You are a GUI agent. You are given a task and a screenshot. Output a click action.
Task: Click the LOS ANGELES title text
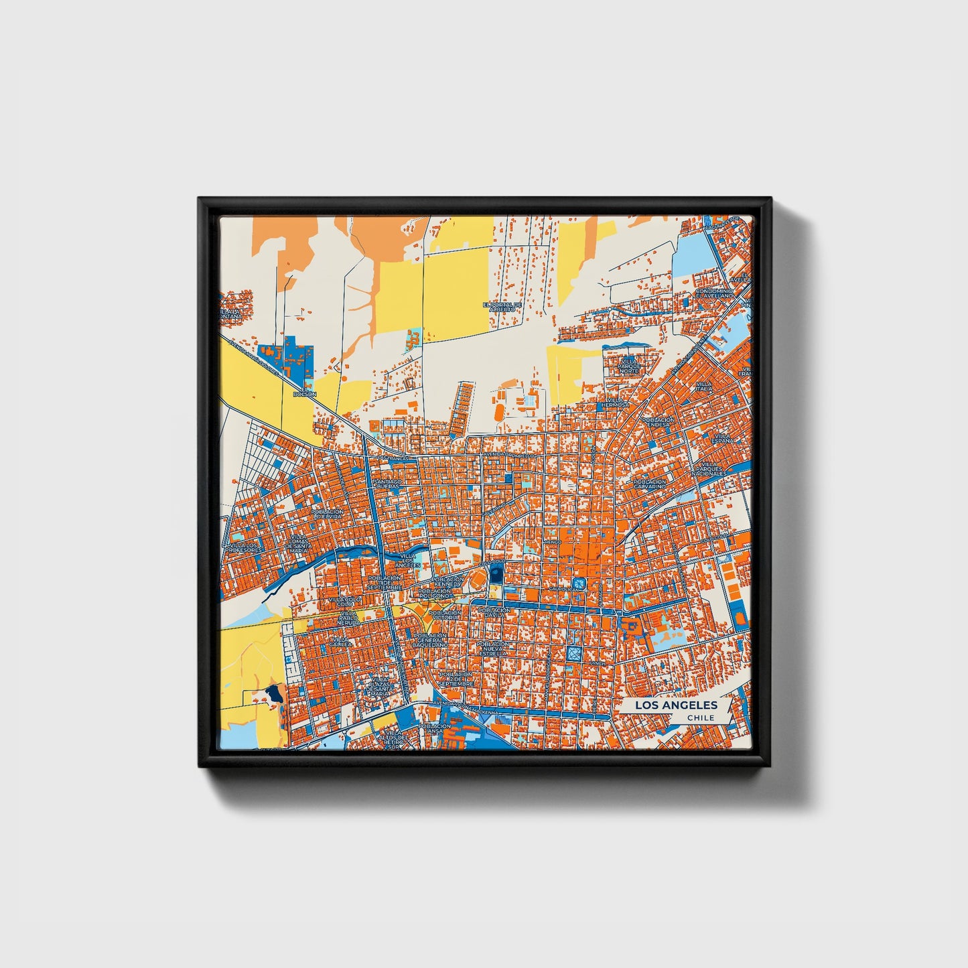click(675, 705)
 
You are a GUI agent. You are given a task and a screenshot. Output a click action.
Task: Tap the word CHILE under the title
click(700, 717)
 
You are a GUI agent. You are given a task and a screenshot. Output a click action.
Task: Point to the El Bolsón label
click(309, 392)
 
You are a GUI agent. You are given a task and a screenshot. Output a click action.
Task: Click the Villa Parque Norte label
click(629, 365)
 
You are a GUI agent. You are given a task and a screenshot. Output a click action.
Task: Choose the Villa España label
click(721, 439)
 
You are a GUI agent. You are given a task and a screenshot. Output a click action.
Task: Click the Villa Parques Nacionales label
click(709, 469)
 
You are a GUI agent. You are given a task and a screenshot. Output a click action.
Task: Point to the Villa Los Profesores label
click(245, 548)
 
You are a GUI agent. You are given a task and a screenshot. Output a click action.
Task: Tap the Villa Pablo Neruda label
click(348, 618)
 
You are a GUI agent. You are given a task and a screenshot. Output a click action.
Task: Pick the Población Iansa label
click(434, 728)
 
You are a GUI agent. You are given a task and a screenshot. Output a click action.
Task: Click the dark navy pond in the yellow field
click(273, 693)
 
